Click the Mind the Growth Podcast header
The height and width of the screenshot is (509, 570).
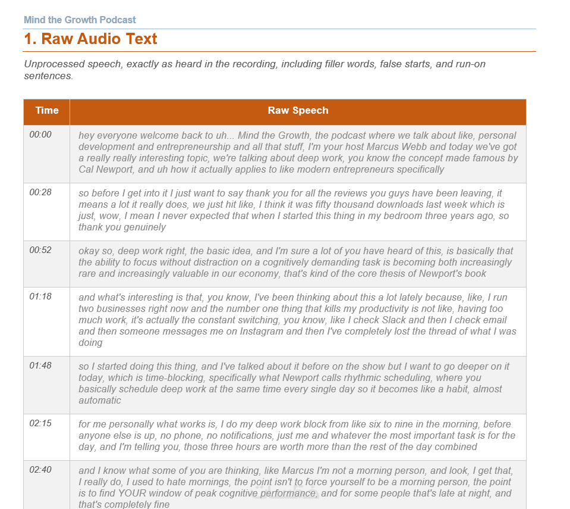80,20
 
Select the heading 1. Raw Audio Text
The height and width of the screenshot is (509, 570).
90,39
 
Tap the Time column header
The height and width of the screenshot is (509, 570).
47,110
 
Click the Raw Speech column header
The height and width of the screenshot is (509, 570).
298,110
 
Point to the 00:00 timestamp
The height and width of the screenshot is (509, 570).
40,135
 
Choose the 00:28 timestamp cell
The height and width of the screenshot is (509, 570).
40,192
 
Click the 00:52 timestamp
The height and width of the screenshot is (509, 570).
40,250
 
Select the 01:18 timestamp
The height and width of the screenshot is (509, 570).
40,296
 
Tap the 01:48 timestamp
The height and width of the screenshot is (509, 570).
40,366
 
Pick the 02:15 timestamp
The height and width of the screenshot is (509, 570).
40,423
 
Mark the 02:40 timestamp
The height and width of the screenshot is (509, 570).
40,470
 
